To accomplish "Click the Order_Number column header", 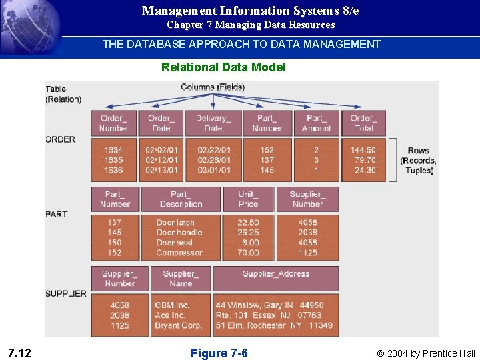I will point(114,123).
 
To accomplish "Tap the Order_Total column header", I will point(364,123).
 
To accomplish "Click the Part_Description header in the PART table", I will point(181,199).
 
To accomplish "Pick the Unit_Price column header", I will point(248,199).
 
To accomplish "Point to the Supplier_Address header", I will point(276,274).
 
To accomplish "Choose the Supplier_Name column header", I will point(181,279).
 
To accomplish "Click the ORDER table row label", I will point(61,139).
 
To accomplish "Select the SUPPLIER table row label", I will point(66,293).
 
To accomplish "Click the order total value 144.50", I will point(363,151).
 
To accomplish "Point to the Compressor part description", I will point(179,253).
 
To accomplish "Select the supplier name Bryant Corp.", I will point(178,325).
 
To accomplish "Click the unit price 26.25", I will point(248,233).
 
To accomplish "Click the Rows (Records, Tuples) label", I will point(419,161).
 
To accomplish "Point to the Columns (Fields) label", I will point(213,87).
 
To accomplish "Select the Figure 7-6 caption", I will point(219,353).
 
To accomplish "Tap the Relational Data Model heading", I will point(223,67).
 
